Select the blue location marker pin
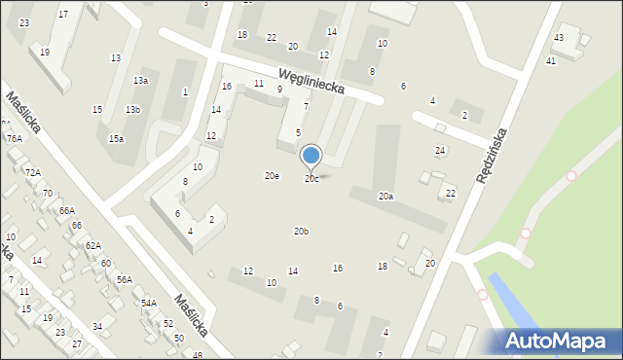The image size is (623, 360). click(x=311, y=156)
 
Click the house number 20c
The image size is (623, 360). click(x=311, y=179)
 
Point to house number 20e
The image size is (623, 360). click(x=273, y=176)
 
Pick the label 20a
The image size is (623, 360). click(x=386, y=197)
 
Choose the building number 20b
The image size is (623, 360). click(x=302, y=232)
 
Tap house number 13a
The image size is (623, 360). click(x=141, y=81)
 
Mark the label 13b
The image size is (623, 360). click(x=132, y=110)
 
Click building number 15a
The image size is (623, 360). click(x=116, y=139)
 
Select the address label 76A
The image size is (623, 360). click(x=14, y=139)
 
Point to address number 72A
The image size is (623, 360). click(x=33, y=172)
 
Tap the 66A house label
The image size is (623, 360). click(x=66, y=210)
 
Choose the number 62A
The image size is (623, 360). click(x=92, y=246)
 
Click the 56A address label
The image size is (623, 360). click(x=125, y=280)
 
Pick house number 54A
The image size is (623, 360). click(x=148, y=304)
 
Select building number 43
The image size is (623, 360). click(x=558, y=38)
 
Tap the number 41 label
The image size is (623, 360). click(x=551, y=61)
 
